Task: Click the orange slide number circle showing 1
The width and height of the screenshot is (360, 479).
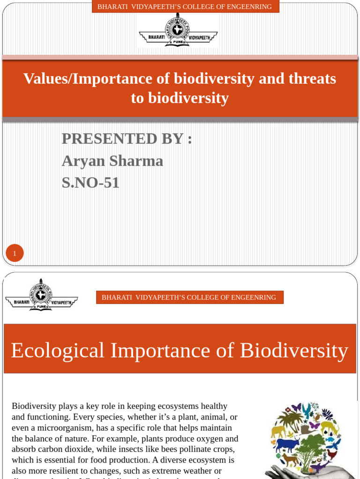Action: pos(15,253)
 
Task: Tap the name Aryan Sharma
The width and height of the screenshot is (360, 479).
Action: pos(112,160)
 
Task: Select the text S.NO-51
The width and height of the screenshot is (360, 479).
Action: pos(90,182)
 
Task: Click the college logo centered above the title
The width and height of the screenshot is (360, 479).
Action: pos(178,31)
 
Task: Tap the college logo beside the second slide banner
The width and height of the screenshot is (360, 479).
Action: pos(41,296)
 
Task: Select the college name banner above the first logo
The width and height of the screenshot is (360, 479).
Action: pos(185,7)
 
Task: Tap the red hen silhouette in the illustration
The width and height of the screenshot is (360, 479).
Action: pos(332,454)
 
